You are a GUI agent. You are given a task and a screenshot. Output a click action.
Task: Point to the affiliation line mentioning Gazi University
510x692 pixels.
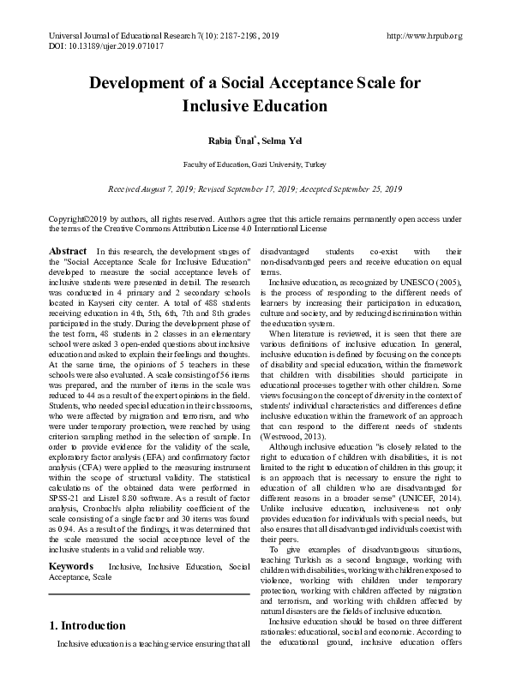[255, 164]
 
